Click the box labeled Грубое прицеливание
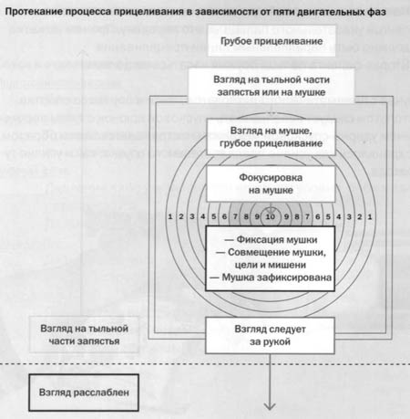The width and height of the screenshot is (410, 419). click(272, 41)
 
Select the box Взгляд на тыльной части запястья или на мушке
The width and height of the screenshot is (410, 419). click(272, 86)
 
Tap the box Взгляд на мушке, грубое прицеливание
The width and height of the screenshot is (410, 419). click(271, 137)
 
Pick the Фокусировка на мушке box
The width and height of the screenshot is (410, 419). click(271, 183)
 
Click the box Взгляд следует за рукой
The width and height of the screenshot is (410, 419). click(270, 335)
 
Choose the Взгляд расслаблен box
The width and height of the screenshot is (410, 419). click(84, 393)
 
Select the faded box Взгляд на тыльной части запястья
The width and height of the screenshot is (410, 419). click(84, 335)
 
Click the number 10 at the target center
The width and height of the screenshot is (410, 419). click(271, 216)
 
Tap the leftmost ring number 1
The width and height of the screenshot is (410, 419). click(170, 216)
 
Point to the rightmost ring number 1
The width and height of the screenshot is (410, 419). click(370, 217)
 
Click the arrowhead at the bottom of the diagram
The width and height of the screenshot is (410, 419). click(270, 406)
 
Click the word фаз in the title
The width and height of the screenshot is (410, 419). click(377, 12)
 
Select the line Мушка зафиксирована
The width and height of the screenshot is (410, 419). click(271, 278)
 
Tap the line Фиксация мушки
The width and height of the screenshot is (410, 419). click(271, 240)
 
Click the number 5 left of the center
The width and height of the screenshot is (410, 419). click(214, 216)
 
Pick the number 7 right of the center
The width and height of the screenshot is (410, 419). click(307, 216)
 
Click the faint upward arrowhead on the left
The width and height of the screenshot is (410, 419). click(82, 53)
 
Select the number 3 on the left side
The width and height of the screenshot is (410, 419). click(192, 216)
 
